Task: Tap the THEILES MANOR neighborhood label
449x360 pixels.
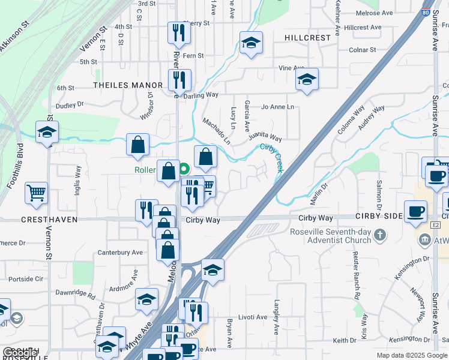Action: point(128,85)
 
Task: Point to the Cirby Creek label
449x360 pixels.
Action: point(271,154)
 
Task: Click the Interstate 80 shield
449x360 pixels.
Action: point(425,12)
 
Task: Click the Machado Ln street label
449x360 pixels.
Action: point(216,131)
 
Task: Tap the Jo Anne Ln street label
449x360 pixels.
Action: point(278,107)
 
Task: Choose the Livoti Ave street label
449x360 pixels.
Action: point(253,317)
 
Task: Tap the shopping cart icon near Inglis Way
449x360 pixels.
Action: point(36,193)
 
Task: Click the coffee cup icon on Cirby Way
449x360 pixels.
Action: point(415,211)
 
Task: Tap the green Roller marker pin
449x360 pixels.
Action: point(184,170)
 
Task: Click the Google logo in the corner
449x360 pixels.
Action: point(20,353)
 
